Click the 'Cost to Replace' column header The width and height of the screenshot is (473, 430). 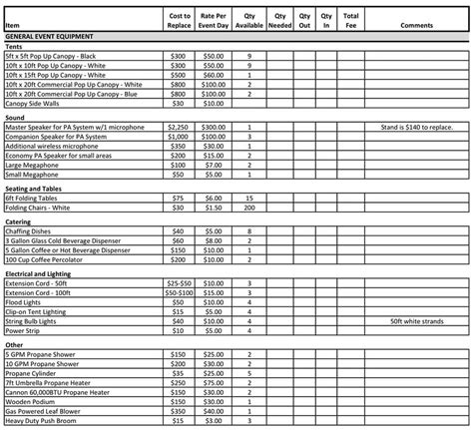click(x=179, y=20)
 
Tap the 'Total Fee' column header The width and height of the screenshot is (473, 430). click(x=350, y=20)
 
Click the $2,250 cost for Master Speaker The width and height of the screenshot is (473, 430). click(x=179, y=128)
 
